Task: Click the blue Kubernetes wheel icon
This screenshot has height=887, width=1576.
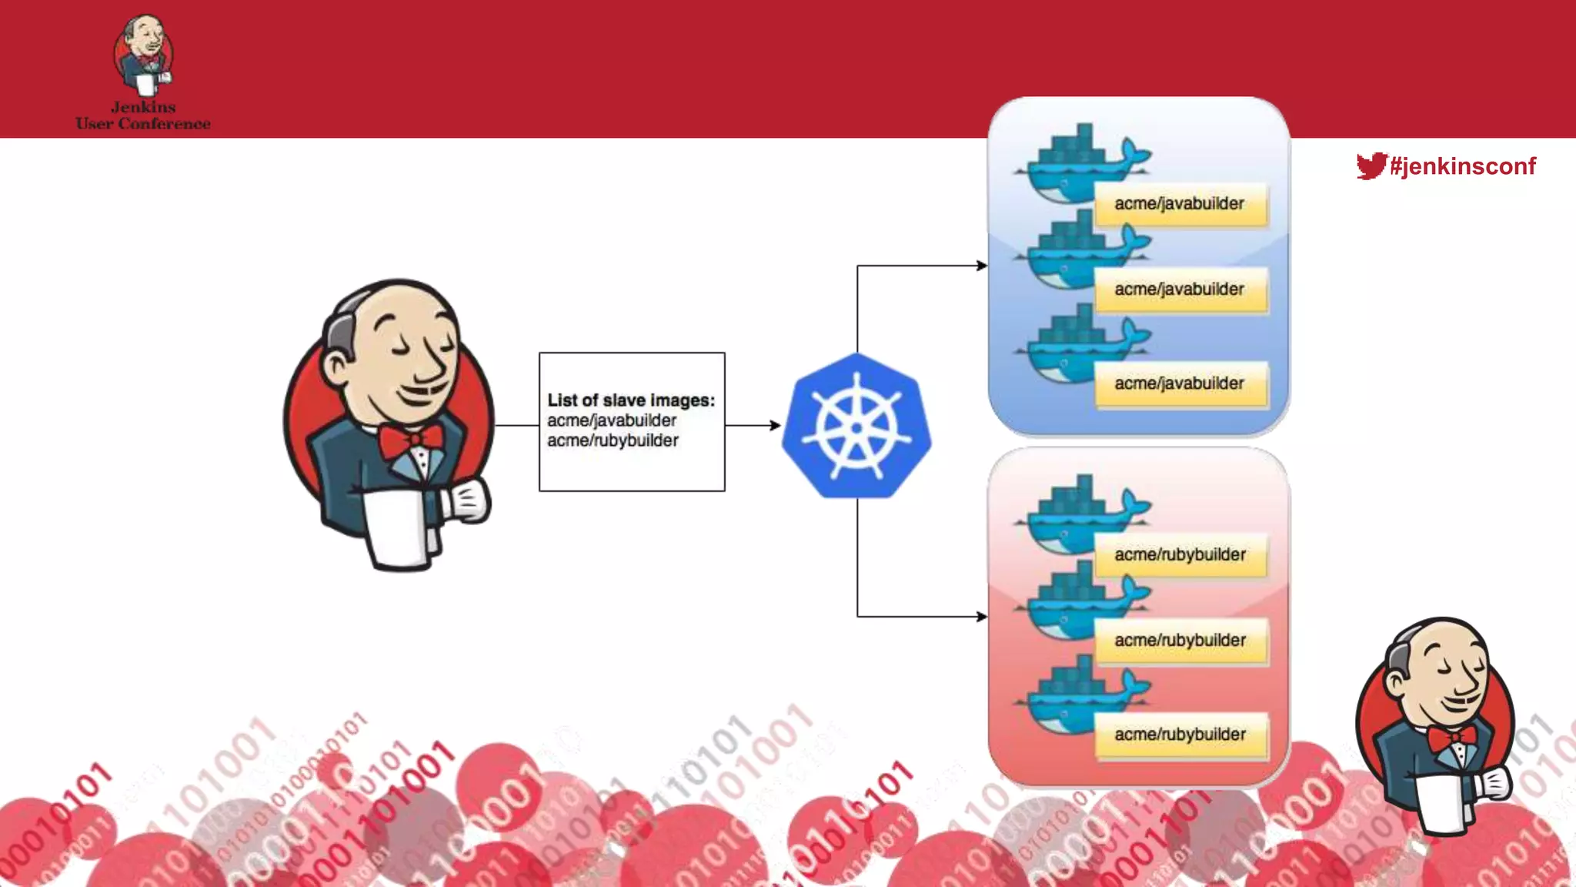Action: click(x=856, y=426)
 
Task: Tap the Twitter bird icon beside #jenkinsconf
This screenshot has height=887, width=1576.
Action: click(x=1371, y=166)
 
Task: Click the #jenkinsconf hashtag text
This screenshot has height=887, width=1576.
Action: click(x=1463, y=166)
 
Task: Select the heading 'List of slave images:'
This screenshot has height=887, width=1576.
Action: click(x=631, y=400)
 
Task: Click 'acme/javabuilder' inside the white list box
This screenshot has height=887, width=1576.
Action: click(x=612, y=420)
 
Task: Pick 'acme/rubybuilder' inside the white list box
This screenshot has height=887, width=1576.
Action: click(x=613, y=440)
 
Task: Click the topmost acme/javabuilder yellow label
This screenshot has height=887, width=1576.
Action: click(x=1180, y=204)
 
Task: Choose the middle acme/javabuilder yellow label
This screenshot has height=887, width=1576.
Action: click(x=1180, y=290)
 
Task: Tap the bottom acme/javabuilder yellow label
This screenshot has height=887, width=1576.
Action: click(x=1180, y=383)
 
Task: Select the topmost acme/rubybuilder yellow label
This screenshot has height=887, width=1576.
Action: click(x=1180, y=554)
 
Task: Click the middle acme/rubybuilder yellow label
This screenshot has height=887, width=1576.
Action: click(x=1180, y=640)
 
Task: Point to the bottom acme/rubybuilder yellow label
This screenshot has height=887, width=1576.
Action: click(x=1180, y=735)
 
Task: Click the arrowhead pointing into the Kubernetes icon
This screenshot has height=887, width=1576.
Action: click(x=775, y=425)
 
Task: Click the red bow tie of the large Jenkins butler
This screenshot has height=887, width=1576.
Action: click(x=411, y=442)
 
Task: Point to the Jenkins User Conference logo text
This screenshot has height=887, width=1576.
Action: click(x=143, y=115)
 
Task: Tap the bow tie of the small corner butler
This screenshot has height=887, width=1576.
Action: click(x=1451, y=738)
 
